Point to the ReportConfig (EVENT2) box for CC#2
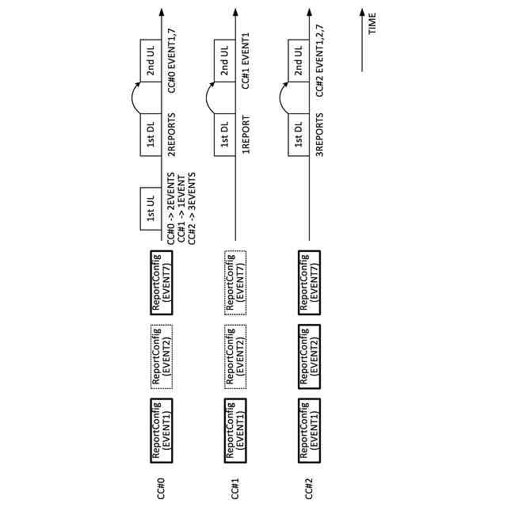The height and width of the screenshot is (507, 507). (310, 354)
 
